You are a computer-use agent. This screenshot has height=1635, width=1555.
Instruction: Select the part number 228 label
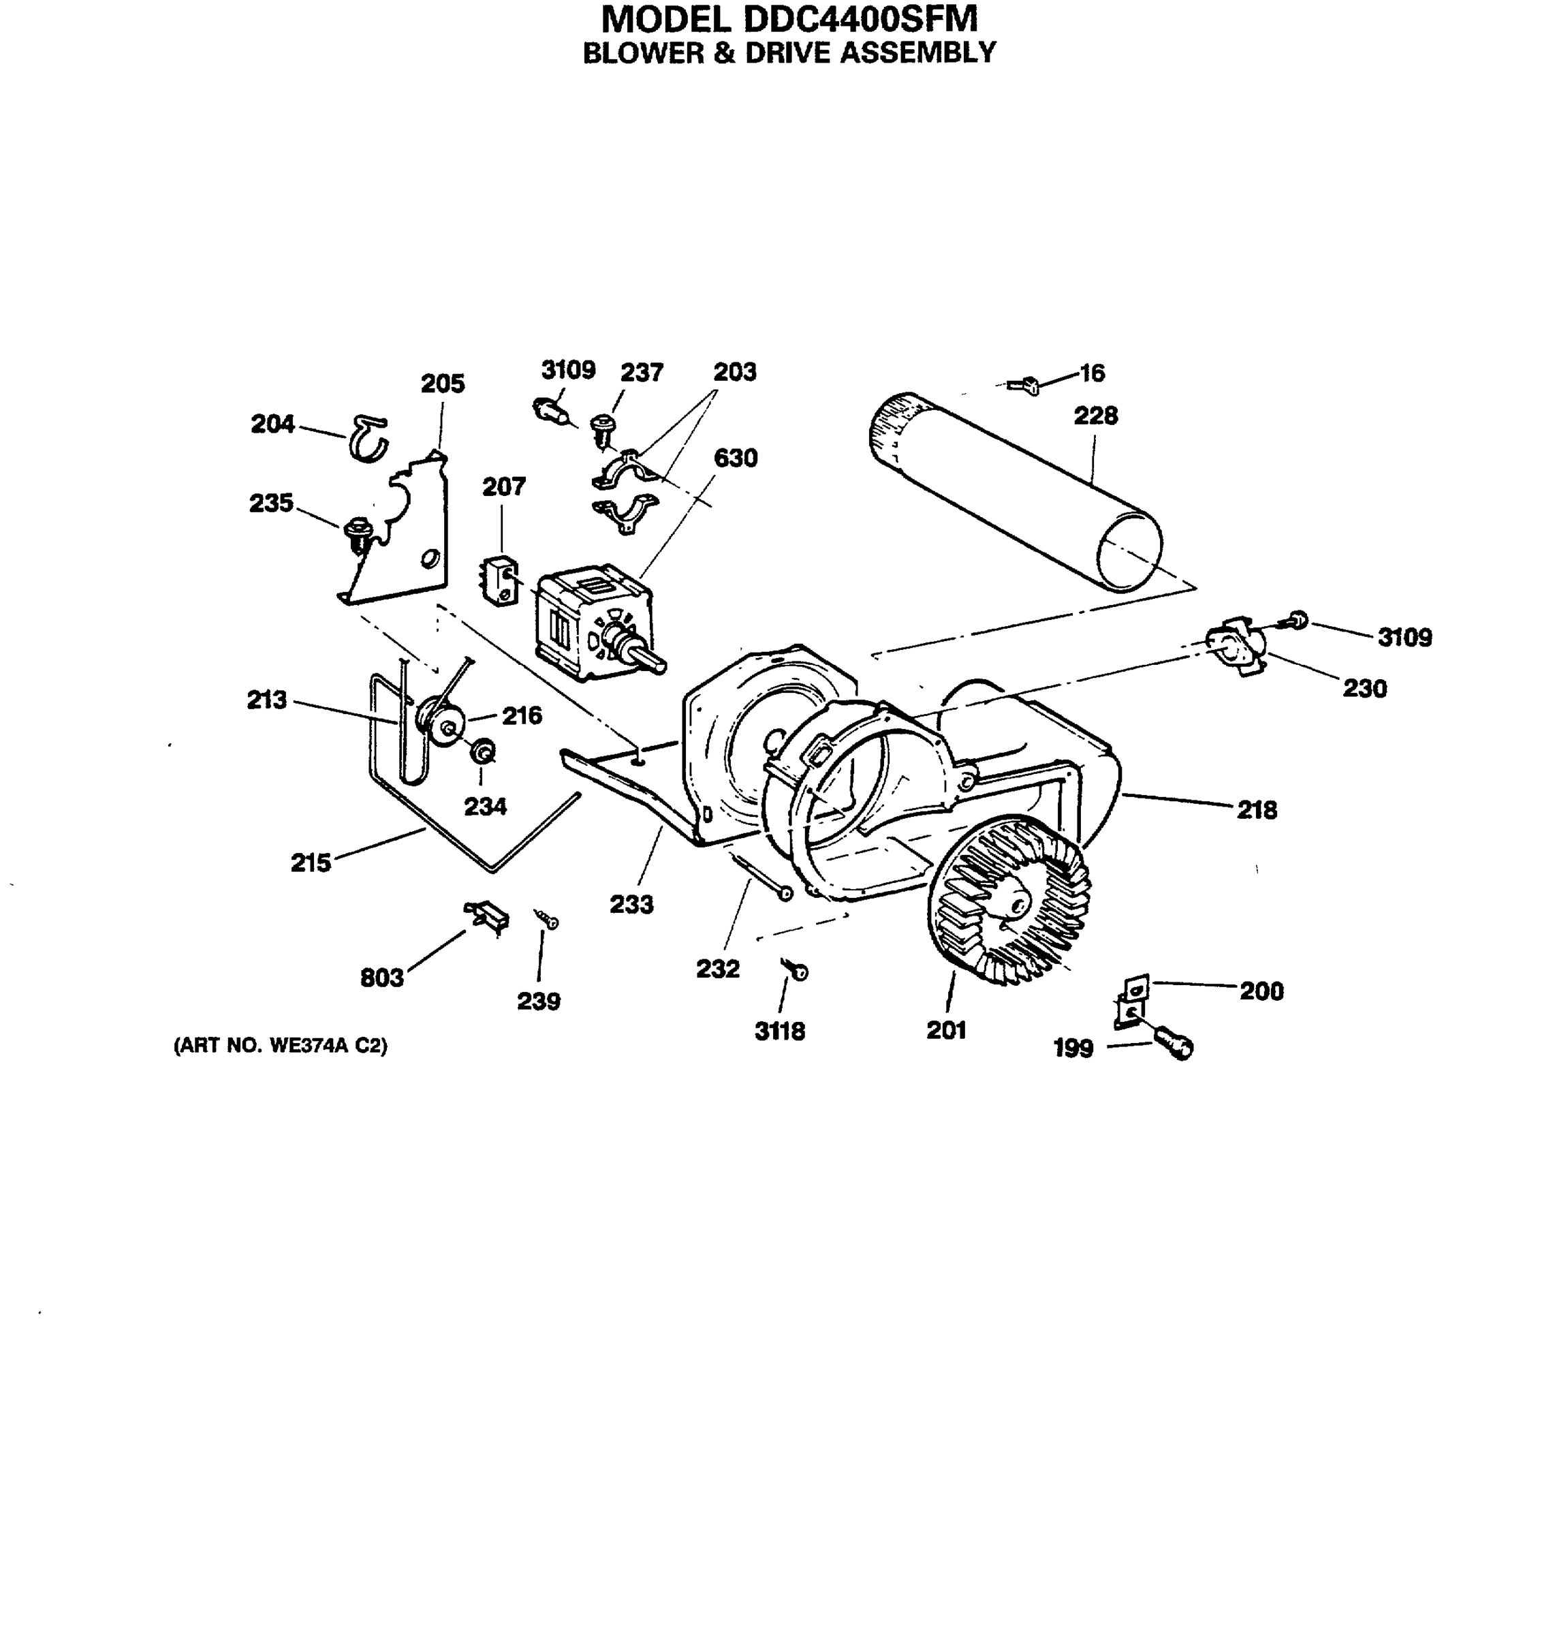pyautogui.click(x=1095, y=416)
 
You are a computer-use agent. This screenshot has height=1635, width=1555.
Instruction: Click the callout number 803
pyautogui.click(x=381, y=978)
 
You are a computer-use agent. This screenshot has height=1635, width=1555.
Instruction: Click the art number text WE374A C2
pyautogui.click(x=280, y=1046)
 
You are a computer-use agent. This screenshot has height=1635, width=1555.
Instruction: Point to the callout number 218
pyautogui.click(x=1257, y=810)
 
